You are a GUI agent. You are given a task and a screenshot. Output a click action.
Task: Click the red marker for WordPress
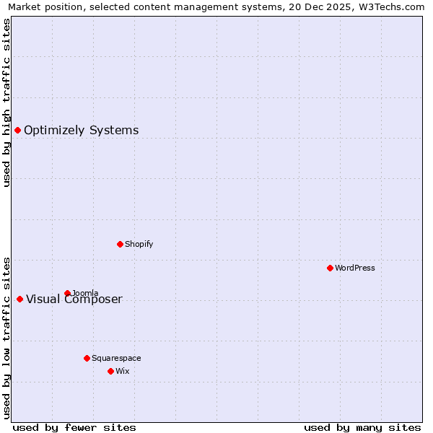pyautogui.click(x=330, y=268)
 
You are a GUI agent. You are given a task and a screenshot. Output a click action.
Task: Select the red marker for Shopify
pyautogui.click(x=120, y=244)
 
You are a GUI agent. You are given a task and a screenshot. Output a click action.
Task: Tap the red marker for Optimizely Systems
pyautogui.click(x=17, y=130)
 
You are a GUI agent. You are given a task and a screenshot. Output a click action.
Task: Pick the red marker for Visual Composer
pyautogui.click(x=19, y=299)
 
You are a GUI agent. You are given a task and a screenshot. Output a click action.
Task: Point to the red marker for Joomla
pyautogui.click(x=67, y=293)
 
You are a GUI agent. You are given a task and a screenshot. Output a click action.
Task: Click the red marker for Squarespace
pyautogui.click(x=87, y=358)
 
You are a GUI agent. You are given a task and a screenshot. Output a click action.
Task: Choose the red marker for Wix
pyautogui.click(x=110, y=371)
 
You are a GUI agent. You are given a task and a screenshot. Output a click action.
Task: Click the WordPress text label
pyautogui.click(x=355, y=268)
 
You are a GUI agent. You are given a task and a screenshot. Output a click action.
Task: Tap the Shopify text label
pyautogui.click(x=139, y=244)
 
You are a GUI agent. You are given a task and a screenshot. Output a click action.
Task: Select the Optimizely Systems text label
pyautogui.click(x=82, y=130)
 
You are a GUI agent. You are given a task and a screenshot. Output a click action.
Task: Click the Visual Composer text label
pyautogui.click(x=74, y=299)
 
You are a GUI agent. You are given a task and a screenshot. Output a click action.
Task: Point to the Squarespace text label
pyautogui.click(x=116, y=358)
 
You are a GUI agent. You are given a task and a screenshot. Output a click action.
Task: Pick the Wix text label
pyautogui.click(x=123, y=371)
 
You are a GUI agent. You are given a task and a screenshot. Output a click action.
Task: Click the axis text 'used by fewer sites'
pyautogui.click(x=74, y=427)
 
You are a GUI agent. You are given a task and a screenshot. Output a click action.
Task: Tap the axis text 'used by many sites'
pyautogui.click(x=362, y=427)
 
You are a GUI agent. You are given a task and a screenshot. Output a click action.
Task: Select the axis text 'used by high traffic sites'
pyautogui.click(x=6, y=102)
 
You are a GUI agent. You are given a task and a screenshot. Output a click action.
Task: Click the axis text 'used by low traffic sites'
pyautogui.click(x=6, y=337)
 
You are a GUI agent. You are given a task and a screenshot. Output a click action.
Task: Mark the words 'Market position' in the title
pyautogui.click(x=43, y=6)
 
